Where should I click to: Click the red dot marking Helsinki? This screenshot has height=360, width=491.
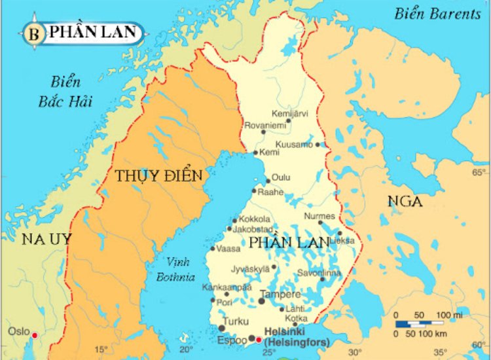point(259,340)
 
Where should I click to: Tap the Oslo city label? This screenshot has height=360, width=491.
point(18,331)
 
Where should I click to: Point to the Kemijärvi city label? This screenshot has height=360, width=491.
point(289,113)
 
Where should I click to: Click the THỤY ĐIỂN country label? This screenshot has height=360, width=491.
point(158,176)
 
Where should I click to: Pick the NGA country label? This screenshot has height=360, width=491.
point(405,201)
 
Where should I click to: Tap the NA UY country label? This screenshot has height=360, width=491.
point(46,238)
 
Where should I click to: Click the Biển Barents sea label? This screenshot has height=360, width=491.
point(437,14)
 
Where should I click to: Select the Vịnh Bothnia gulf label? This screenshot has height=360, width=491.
point(175,269)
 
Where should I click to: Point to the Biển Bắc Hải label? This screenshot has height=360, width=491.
point(65,92)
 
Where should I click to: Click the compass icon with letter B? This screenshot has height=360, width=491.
point(34,32)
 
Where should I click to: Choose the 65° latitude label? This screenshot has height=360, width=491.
point(479,172)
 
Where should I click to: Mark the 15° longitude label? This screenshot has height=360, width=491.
point(101,350)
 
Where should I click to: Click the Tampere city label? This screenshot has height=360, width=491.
point(280,295)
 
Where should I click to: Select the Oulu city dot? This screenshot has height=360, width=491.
point(268,181)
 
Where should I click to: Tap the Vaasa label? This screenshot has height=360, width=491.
point(228,249)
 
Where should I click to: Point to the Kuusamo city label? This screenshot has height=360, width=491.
point(294,144)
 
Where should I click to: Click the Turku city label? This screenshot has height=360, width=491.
point(236,321)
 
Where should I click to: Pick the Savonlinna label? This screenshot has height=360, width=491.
point(319,273)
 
